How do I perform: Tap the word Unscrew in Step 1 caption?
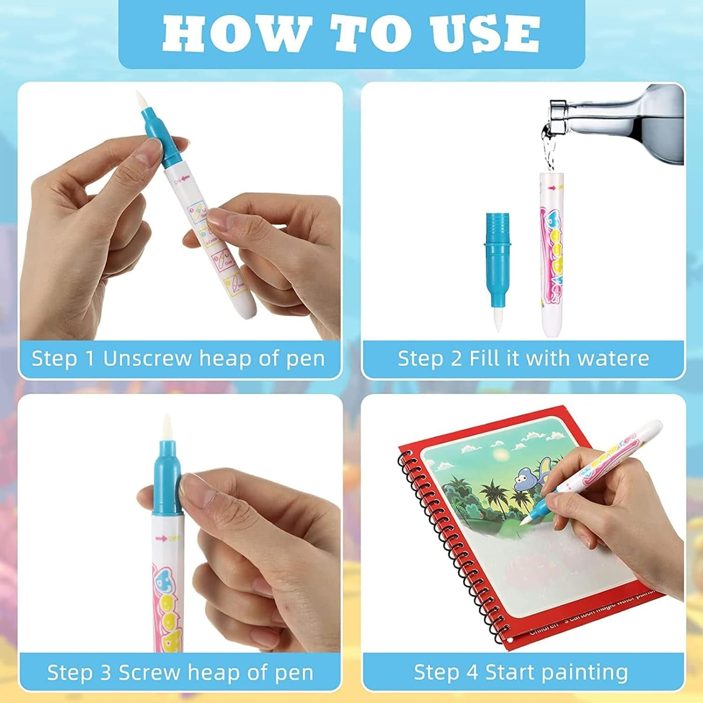click(147, 359)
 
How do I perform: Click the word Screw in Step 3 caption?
click(150, 673)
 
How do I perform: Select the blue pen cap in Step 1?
click(155, 136)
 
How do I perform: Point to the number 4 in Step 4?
click(472, 672)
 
